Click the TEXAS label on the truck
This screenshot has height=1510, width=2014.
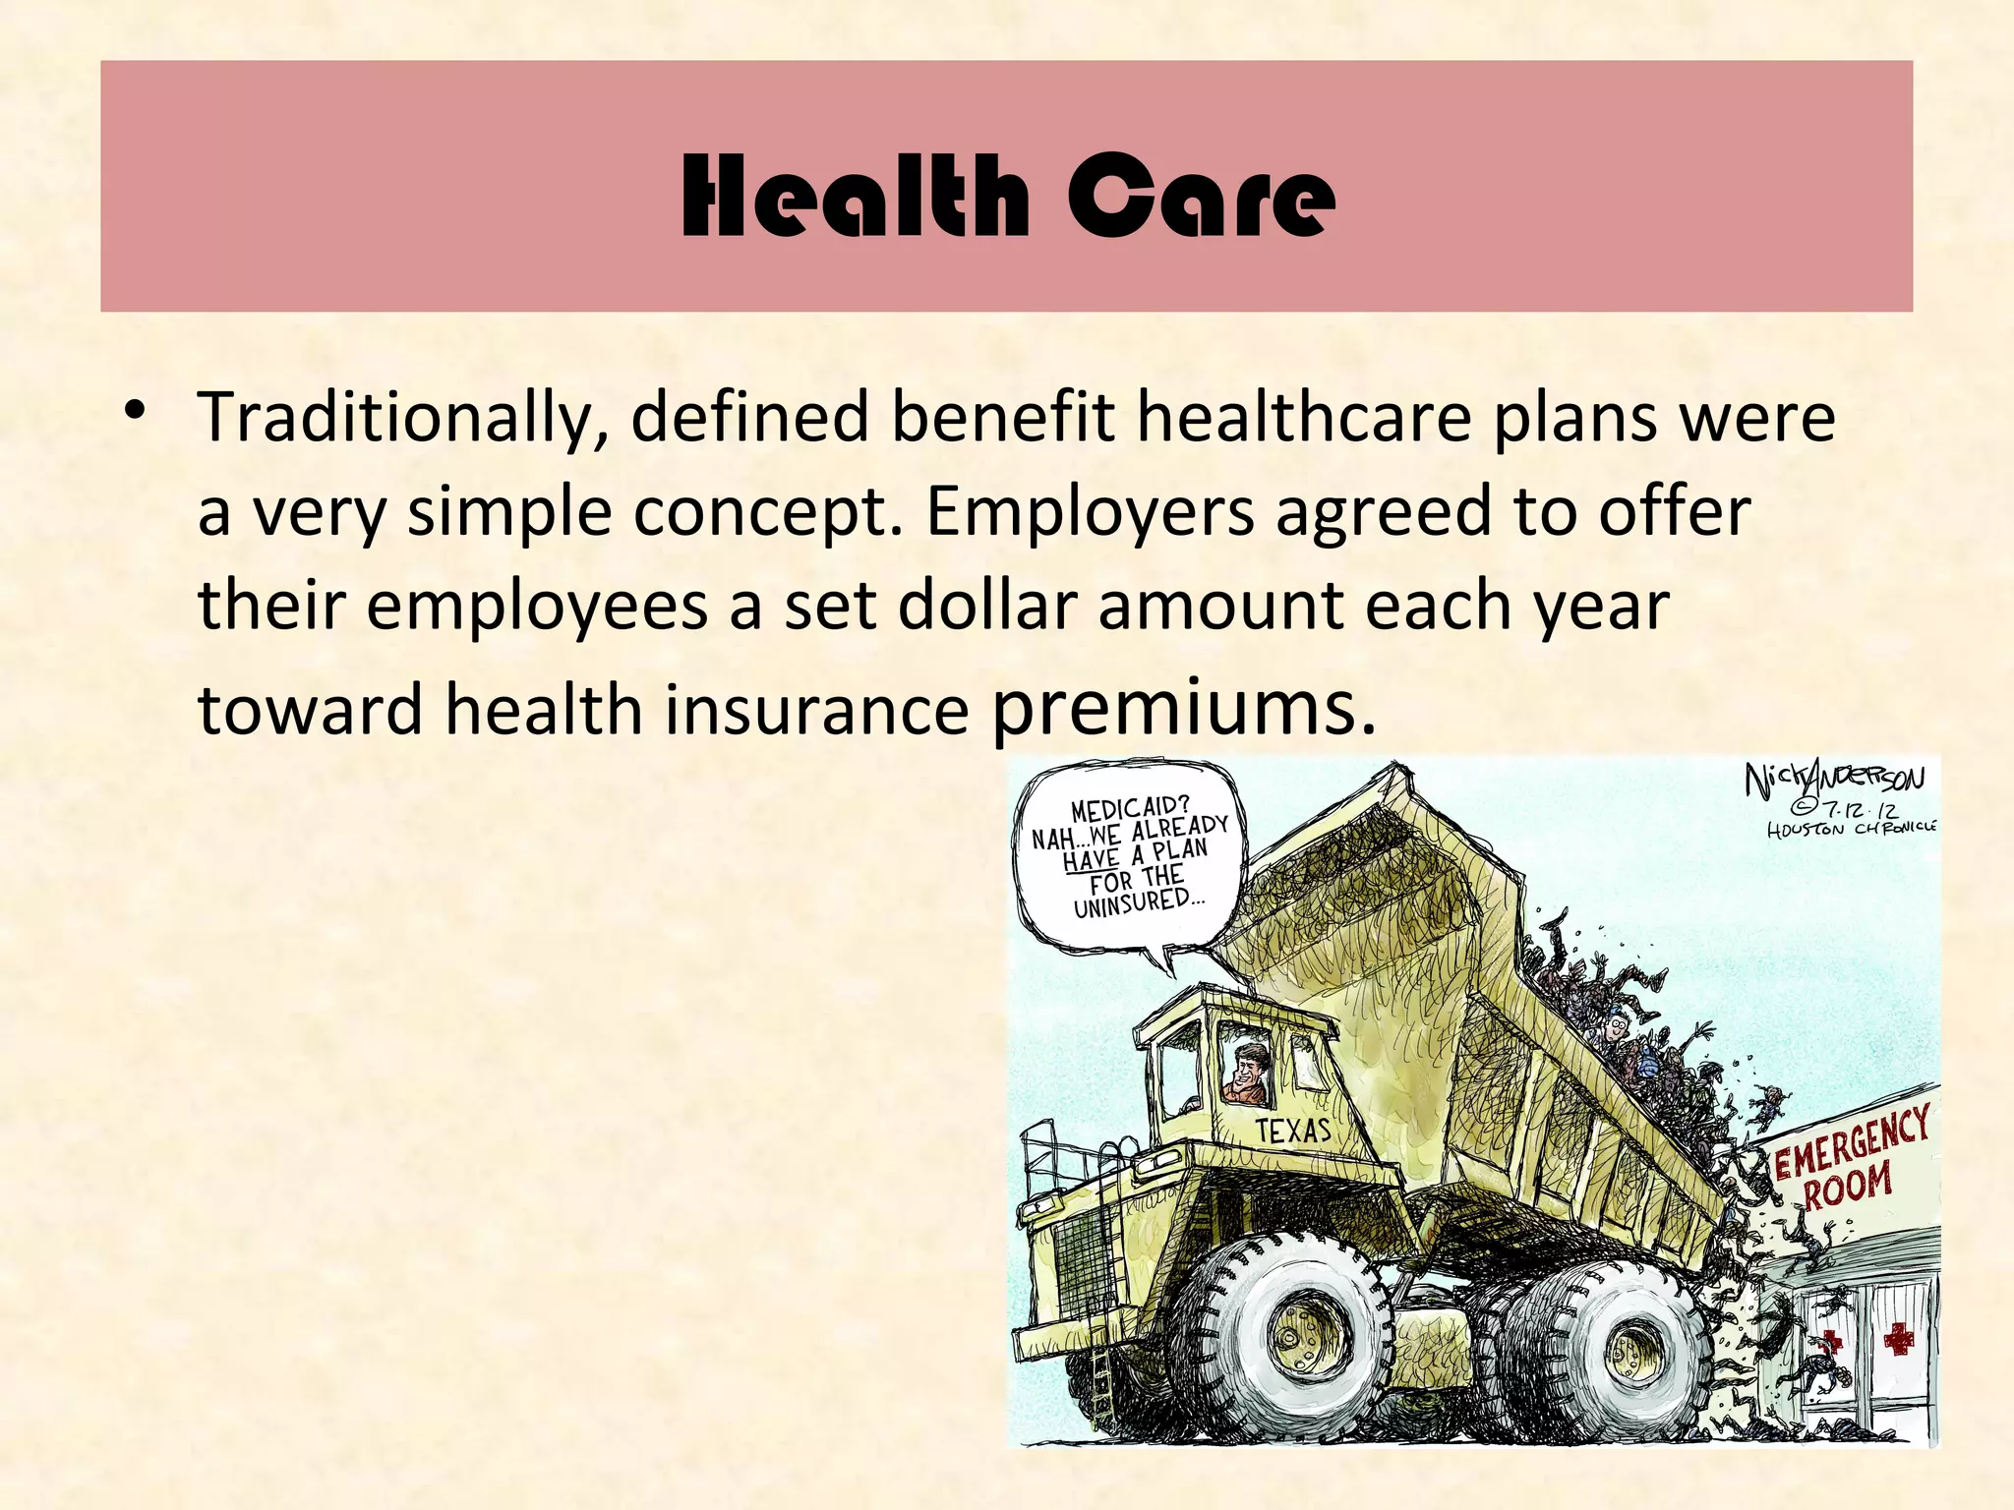tap(1293, 1131)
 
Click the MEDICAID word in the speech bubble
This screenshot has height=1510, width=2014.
tap(1130, 809)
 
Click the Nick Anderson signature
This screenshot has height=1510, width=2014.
tap(1834, 781)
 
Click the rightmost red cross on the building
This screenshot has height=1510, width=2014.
tap(1898, 1338)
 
